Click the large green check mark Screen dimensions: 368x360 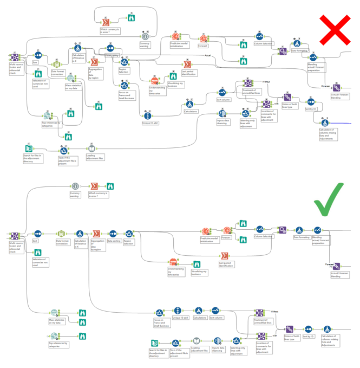329,199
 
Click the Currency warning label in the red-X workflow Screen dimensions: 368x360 145,44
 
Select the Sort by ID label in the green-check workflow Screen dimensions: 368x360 309,337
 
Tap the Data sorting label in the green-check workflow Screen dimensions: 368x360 113,241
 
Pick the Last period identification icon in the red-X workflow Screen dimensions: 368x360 187,64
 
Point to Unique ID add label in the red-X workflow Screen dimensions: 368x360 150,123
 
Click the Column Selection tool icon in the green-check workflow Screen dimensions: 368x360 260,230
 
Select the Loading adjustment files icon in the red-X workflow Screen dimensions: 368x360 92,148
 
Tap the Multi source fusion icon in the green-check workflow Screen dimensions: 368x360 15,236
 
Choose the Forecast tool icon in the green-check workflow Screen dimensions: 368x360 227,231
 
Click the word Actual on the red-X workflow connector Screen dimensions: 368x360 207,55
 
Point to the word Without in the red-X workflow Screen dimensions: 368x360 265,82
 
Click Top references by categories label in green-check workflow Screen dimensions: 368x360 58,344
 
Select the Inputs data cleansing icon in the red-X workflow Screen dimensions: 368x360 222,114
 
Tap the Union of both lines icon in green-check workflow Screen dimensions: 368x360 289,329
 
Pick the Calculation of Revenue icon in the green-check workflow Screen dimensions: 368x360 79,234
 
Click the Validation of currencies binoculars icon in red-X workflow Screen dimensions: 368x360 38,74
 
